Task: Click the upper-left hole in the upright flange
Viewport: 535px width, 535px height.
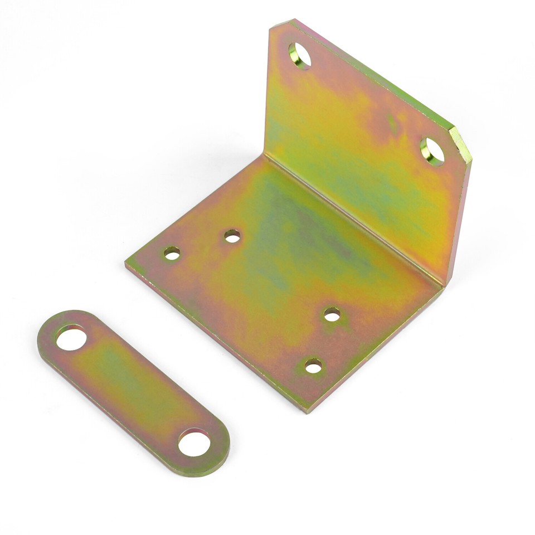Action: click(x=300, y=55)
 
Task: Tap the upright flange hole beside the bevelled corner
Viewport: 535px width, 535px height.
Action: click(x=432, y=151)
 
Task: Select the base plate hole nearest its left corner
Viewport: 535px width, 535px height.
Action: click(x=172, y=254)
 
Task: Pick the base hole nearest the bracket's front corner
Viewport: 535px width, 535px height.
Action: click(x=313, y=366)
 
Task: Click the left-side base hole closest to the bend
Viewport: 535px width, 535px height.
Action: click(x=232, y=236)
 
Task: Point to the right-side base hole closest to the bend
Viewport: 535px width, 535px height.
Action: click(x=332, y=315)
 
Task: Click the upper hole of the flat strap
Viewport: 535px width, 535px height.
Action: click(x=71, y=338)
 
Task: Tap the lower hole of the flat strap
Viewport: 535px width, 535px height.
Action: click(x=194, y=442)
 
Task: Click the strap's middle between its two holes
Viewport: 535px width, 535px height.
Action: click(x=133, y=390)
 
